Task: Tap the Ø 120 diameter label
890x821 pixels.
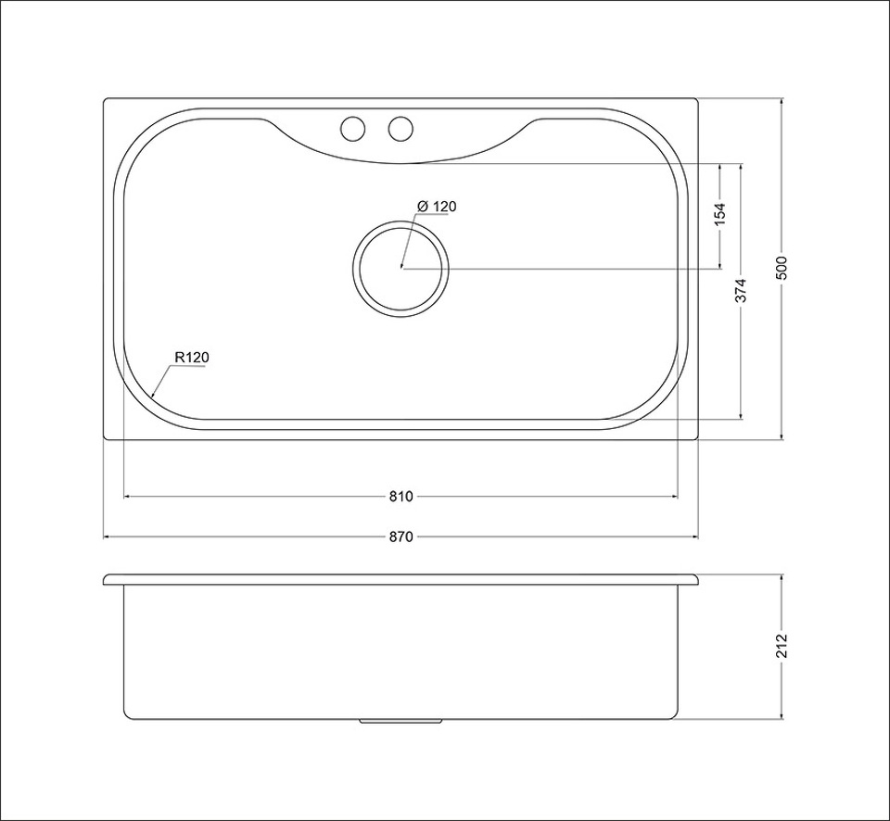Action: tap(437, 207)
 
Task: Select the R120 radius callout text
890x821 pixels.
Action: tap(193, 358)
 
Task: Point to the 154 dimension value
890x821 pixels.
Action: tap(720, 214)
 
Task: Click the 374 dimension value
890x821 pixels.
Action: tap(742, 290)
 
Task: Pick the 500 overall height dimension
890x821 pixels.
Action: tap(782, 269)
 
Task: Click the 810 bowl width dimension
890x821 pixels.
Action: tap(400, 497)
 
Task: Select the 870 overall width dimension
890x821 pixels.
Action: tap(400, 537)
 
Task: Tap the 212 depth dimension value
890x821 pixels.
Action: tap(782, 645)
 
